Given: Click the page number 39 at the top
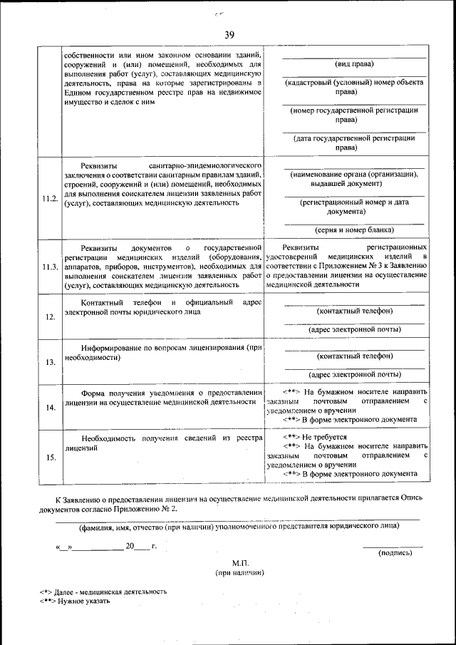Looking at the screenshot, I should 229,36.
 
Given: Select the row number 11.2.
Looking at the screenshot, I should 50,197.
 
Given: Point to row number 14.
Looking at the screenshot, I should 50,408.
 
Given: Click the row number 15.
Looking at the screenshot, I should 50,458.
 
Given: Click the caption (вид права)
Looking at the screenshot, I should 354,64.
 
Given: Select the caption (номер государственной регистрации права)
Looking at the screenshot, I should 354,115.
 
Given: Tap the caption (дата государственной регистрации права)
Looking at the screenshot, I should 354,143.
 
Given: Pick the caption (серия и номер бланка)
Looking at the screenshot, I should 354,229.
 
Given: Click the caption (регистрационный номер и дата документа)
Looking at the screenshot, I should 354,207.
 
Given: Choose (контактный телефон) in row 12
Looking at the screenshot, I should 354,311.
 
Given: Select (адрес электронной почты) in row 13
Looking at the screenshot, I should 354,373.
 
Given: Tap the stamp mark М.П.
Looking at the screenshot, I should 239,562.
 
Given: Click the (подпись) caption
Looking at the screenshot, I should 395,552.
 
